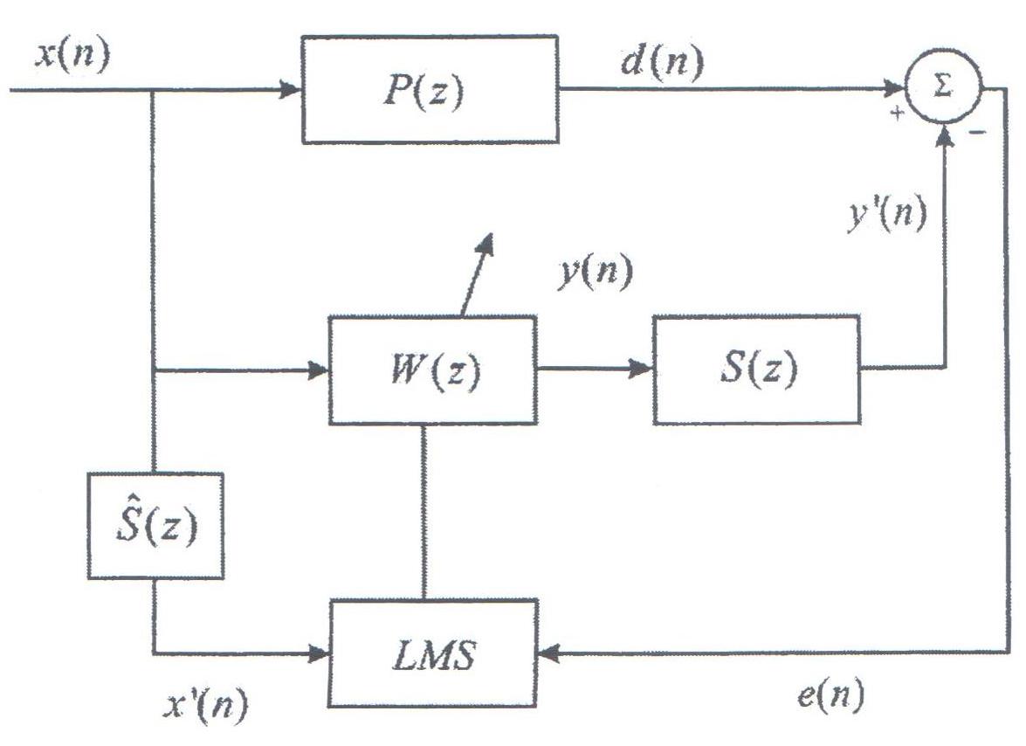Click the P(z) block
tap(430, 89)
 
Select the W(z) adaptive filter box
tap(433, 370)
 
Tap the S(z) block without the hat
tap(756, 370)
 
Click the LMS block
tap(433, 653)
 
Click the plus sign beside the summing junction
tap(896, 114)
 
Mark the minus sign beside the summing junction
tap(979, 132)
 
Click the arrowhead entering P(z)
tap(291, 89)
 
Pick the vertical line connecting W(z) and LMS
tap(423, 511)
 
